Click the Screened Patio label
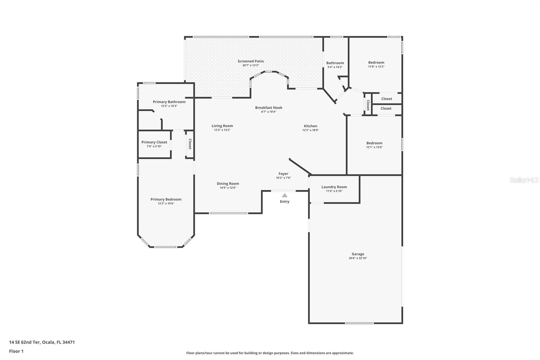(x=250, y=61)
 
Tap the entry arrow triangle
(x=285, y=195)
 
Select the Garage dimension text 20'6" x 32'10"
(x=358, y=258)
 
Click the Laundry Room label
(x=334, y=187)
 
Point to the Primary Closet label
(x=154, y=142)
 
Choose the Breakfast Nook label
(x=269, y=108)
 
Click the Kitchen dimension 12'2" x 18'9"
(x=310, y=130)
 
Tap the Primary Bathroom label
(x=169, y=102)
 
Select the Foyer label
(x=283, y=174)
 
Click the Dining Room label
(x=228, y=184)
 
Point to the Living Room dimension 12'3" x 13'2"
(x=222, y=130)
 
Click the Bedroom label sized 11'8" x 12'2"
(x=376, y=62)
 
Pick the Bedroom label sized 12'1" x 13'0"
(x=374, y=143)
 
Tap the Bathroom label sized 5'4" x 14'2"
(x=335, y=63)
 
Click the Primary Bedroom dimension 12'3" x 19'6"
(x=166, y=204)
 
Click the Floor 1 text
(x=16, y=351)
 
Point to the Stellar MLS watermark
(x=524, y=180)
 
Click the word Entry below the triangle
(x=285, y=202)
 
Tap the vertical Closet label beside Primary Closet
(x=190, y=144)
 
